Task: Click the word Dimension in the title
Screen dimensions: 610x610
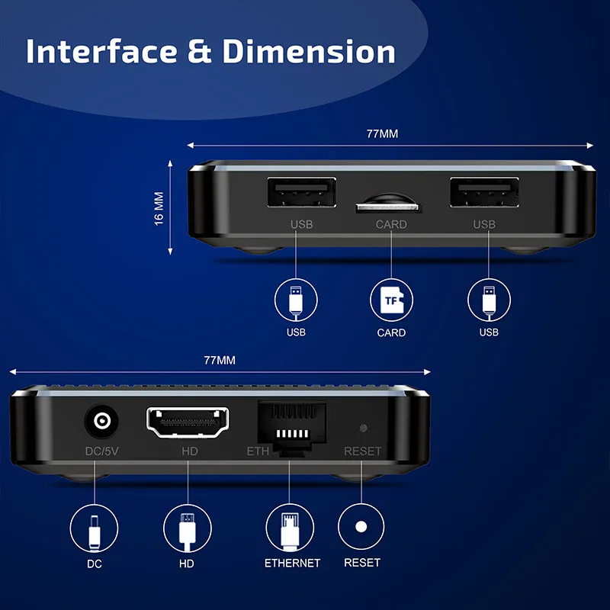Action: (x=309, y=51)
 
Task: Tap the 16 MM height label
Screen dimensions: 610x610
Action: (x=159, y=207)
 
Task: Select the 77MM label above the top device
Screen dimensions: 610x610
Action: (x=382, y=133)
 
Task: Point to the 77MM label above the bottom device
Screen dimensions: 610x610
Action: (x=220, y=359)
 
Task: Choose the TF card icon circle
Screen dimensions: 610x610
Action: (x=391, y=300)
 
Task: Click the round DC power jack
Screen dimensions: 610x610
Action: (x=100, y=421)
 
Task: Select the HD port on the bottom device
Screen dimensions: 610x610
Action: (x=188, y=422)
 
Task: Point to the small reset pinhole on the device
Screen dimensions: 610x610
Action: (x=363, y=429)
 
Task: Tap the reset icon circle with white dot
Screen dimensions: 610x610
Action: (x=361, y=527)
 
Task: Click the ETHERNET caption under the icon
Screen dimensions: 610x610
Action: (x=292, y=563)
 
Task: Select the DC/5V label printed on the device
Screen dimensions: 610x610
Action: (x=101, y=451)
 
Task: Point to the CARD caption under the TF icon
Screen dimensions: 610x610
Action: (x=391, y=333)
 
